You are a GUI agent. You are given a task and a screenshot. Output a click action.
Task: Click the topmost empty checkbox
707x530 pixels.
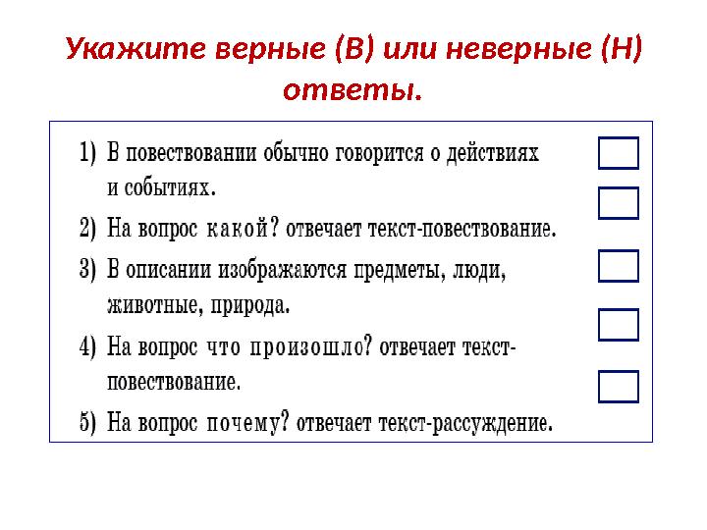coord(618,153)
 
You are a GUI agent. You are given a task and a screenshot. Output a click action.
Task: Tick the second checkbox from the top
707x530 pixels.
coord(618,202)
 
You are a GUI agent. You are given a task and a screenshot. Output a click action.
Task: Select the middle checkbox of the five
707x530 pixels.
coord(618,265)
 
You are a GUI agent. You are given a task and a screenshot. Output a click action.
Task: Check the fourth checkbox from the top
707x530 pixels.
coord(618,325)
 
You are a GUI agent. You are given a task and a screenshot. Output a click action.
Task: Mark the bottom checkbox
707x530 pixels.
coord(618,387)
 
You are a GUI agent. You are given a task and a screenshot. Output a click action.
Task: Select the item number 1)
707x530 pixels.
coord(88,154)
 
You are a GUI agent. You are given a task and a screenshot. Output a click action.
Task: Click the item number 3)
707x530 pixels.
coord(88,269)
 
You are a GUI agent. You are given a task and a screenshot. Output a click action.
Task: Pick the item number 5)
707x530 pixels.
coord(88,424)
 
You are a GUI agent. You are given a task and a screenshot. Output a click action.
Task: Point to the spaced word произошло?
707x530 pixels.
coord(310,348)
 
